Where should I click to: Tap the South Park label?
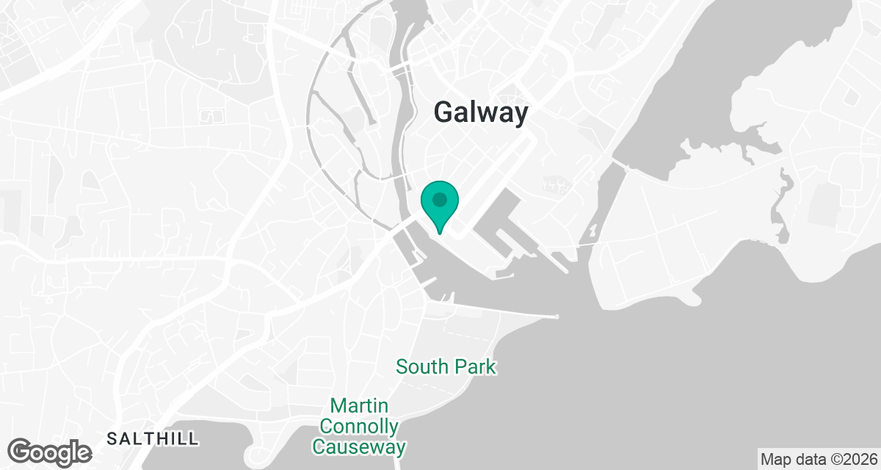click(x=446, y=366)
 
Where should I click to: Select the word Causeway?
click(x=359, y=446)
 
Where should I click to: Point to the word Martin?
click(x=359, y=406)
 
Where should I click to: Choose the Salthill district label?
click(x=152, y=439)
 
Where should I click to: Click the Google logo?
click(x=50, y=452)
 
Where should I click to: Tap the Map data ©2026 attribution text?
click(x=819, y=460)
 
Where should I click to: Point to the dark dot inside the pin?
click(x=440, y=199)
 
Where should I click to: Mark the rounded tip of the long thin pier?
click(x=557, y=317)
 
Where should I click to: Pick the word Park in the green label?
click(x=475, y=366)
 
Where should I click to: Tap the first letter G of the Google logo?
click(x=21, y=450)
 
